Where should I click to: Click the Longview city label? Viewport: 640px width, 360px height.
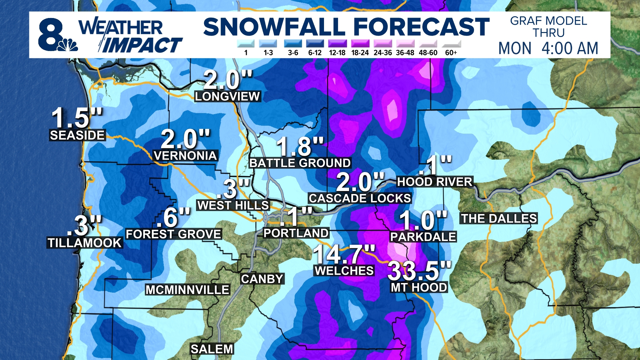tap(228, 97)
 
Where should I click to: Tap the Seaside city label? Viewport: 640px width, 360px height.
tap(77, 135)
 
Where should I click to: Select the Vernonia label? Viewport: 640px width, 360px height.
tap(185, 156)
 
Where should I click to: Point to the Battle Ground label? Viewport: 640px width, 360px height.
tap(300, 163)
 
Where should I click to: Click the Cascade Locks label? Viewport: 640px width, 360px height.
tap(360, 198)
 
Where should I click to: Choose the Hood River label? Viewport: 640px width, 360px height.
tap(435, 182)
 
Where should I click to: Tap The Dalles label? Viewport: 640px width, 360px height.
tap(499, 219)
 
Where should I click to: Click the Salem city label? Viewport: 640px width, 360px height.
tap(212, 349)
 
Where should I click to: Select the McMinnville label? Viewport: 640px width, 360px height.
tap(187, 290)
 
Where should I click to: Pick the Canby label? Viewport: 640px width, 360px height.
tap(262, 279)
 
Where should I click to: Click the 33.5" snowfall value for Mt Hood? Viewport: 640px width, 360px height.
tap(419, 271)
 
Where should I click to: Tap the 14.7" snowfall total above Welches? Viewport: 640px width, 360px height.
tap(344, 254)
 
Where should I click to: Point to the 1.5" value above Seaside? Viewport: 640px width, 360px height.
tap(77, 118)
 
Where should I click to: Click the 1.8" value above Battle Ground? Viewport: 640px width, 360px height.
tap(300, 147)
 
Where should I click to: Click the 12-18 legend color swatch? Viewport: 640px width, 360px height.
tap(337, 44)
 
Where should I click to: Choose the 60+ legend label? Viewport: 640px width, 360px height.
tap(451, 53)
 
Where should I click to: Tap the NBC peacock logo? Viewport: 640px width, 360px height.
tap(68, 45)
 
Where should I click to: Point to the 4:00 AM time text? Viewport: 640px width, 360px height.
tap(570, 48)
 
